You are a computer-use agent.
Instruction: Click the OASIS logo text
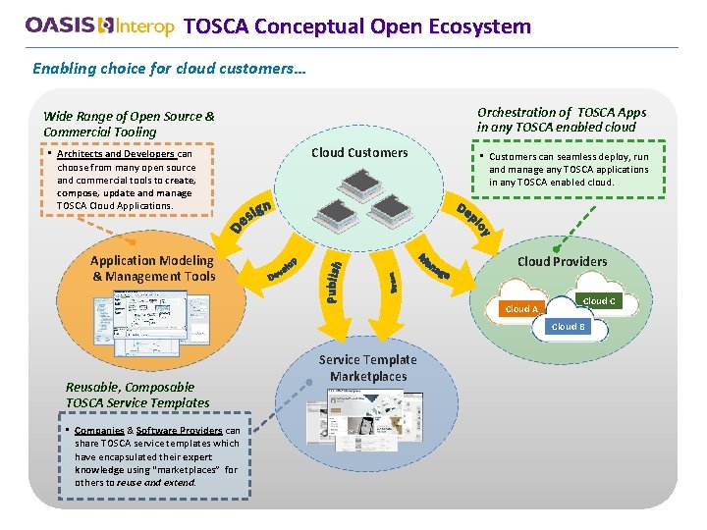(62, 26)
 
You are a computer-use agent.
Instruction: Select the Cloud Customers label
(359, 152)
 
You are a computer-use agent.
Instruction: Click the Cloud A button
(521, 309)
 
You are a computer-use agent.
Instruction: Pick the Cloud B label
(568, 327)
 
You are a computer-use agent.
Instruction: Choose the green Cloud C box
(599, 301)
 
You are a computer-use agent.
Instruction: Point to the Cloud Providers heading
(562, 261)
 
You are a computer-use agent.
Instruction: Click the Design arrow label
(251, 217)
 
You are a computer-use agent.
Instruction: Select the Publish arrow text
(334, 280)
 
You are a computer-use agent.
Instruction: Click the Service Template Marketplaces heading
(368, 368)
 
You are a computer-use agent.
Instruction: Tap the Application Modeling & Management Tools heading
(152, 268)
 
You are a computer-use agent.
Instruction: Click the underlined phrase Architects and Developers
(116, 154)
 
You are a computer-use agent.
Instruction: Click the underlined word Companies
(99, 431)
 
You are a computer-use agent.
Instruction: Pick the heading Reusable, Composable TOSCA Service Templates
(137, 395)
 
